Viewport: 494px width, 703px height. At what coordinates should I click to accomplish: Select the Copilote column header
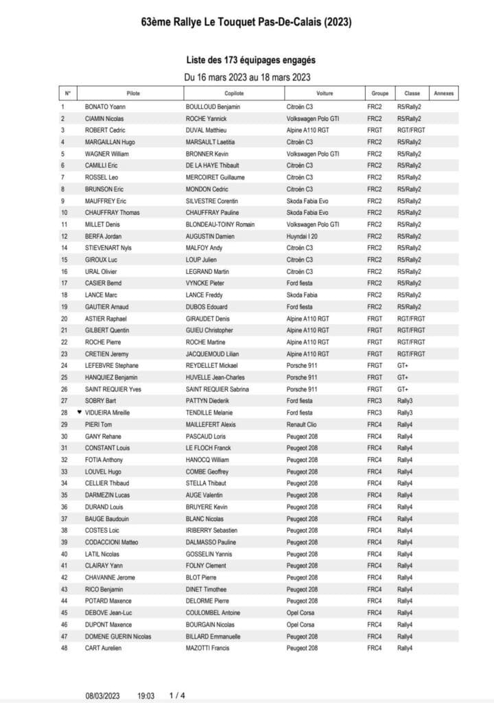pyautogui.click(x=234, y=93)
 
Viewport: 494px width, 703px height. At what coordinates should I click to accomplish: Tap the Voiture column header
pyautogui.click(x=325, y=93)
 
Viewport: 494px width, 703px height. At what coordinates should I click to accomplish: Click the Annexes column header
pyautogui.click(x=445, y=93)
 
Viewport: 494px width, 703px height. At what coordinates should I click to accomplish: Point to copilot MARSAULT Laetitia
pyautogui.click(x=213, y=142)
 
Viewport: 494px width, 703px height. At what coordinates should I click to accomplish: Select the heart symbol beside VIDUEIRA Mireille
pyautogui.click(x=80, y=412)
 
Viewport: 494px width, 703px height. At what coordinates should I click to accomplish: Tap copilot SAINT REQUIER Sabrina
pyautogui.click(x=218, y=389)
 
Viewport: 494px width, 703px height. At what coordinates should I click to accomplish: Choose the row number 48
pyautogui.click(x=64, y=647)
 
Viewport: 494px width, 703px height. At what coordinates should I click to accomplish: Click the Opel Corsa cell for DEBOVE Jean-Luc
pyautogui.click(x=301, y=612)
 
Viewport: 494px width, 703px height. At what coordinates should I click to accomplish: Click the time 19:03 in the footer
pyautogui.click(x=146, y=695)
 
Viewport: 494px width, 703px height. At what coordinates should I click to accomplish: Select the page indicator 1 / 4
pyautogui.click(x=177, y=695)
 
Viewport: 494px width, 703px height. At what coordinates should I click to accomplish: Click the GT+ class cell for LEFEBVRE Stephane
pyautogui.click(x=403, y=365)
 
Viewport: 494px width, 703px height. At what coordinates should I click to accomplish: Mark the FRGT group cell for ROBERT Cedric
pyautogui.click(x=375, y=130)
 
